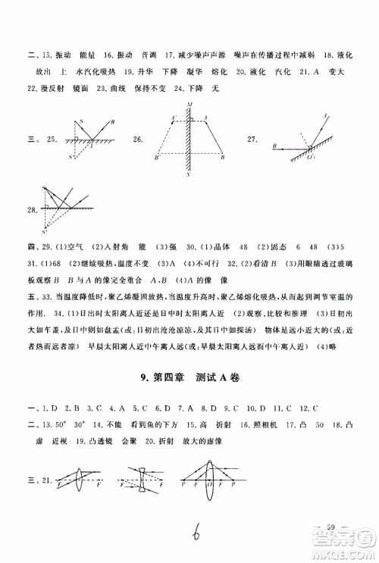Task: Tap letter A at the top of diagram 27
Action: pos(324,115)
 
